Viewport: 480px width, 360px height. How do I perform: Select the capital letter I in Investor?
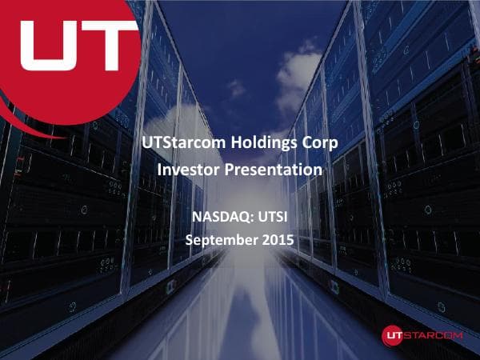pyautogui.click(x=161, y=170)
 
